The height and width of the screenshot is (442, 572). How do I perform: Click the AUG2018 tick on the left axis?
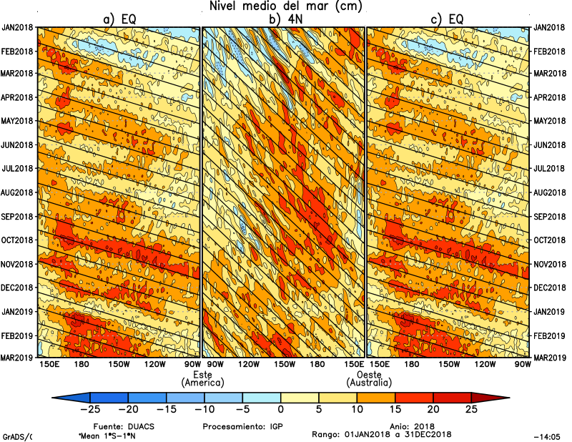pyautogui.click(x=18, y=192)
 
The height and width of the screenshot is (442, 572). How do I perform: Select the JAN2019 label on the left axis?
pyautogui.click(x=18, y=311)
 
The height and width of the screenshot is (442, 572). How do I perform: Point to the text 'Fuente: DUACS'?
pyautogui.click(x=119, y=426)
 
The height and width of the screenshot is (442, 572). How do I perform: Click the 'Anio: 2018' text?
pyautogui.click(x=408, y=426)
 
